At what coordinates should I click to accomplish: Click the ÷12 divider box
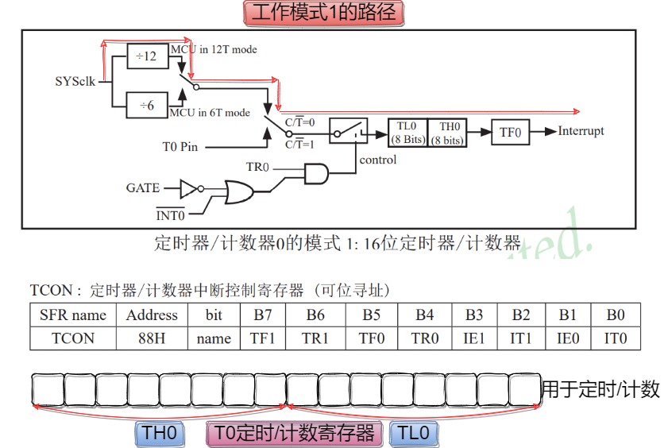(147, 57)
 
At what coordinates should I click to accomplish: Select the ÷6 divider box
(147, 105)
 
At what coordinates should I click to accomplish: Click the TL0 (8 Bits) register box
(407, 132)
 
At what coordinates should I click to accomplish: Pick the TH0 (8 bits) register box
(447, 132)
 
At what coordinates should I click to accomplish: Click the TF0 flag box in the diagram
(510, 132)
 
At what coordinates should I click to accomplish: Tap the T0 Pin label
(179, 146)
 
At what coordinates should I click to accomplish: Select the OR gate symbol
(239, 191)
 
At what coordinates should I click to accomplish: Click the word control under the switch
(377, 160)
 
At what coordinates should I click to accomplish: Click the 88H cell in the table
(152, 338)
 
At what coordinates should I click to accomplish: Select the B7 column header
(262, 315)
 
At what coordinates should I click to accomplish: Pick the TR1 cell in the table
(315, 338)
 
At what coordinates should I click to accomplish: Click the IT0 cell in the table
(615, 338)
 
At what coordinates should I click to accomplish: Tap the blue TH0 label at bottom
(160, 433)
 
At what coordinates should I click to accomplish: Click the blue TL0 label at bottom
(413, 433)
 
